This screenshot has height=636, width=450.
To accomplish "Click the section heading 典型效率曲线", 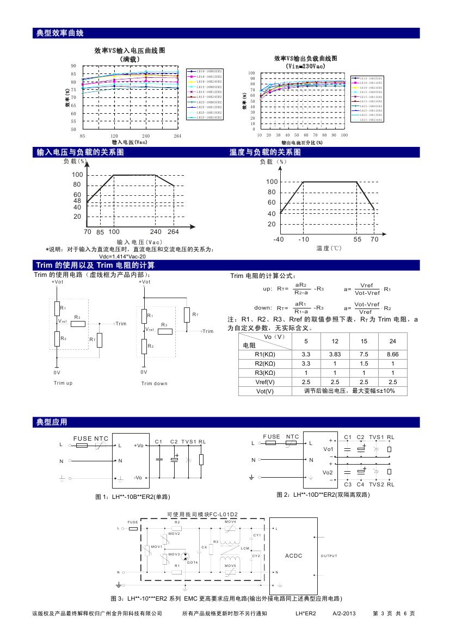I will [60, 33].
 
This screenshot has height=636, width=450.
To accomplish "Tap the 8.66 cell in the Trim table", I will [393, 354].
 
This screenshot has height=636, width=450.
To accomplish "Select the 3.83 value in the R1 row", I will [335, 354].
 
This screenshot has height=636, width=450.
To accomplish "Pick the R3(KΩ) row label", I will [264, 373].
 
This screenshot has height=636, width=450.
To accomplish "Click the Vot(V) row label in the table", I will [264, 391].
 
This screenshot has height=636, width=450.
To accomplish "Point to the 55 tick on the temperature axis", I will [357, 239].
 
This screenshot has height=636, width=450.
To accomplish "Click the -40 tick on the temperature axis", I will [279, 239].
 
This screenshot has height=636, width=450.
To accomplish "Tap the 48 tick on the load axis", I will [77, 201].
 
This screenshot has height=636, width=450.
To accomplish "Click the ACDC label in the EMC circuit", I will [293, 555].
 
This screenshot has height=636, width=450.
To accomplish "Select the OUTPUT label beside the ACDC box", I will [329, 556].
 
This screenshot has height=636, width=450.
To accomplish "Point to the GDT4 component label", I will [193, 561].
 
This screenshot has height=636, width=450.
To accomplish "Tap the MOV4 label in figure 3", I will [230, 522].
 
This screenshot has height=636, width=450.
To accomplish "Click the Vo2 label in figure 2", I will [328, 473].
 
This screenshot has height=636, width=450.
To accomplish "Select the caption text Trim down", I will [155, 384].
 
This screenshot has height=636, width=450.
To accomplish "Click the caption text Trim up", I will [63, 383].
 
